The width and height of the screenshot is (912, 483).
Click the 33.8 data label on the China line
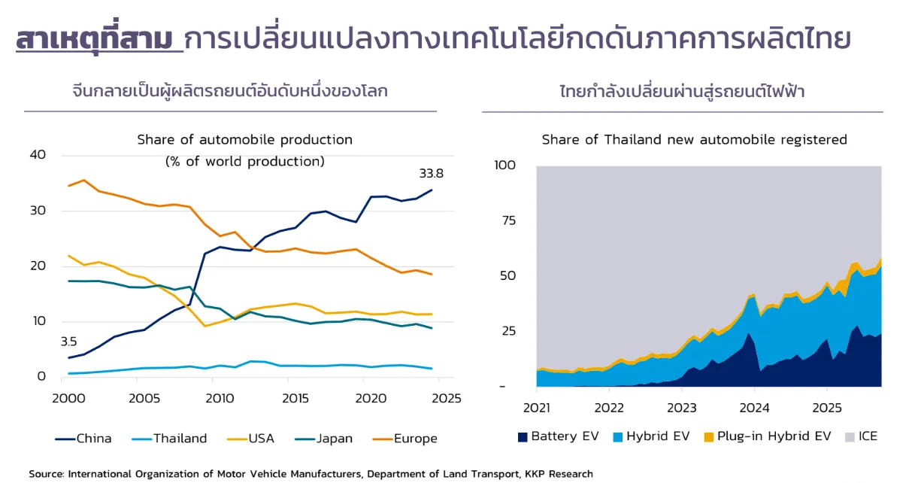click(x=431, y=174)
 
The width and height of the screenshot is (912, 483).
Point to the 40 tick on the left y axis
click(x=38, y=155)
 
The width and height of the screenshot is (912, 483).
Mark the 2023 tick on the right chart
click(x=681, y=407)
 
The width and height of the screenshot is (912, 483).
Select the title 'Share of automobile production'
click(x=244, y=140)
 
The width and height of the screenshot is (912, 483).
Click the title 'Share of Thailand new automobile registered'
click(x=694, y=140)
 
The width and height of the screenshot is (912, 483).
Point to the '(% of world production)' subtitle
click(x=244, y=161)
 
